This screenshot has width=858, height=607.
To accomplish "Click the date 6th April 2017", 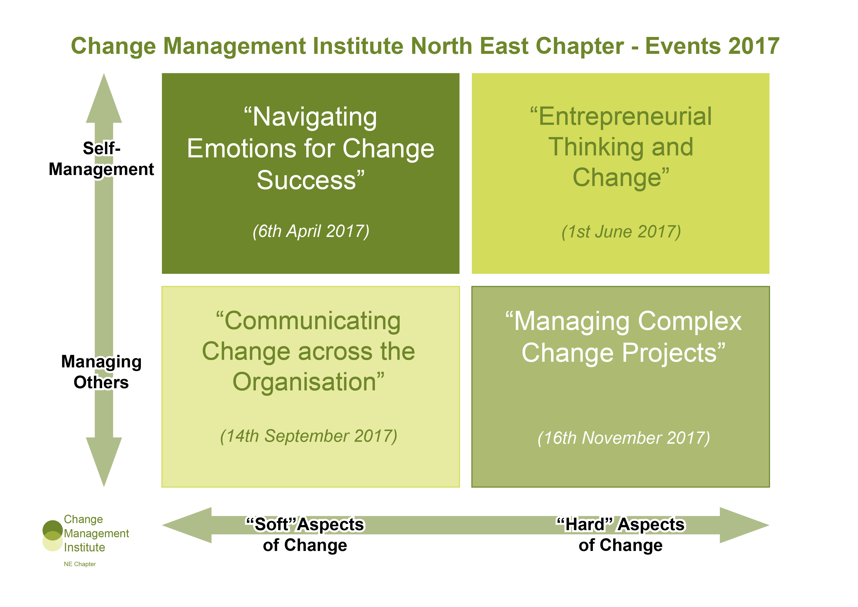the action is coord(311,231).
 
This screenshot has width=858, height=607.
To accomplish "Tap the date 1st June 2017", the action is coord(621,232).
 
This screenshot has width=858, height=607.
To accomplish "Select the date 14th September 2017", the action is coord(309,436).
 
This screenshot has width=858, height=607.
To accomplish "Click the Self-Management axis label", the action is coord(101,159).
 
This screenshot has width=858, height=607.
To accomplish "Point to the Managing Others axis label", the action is coord(101,372).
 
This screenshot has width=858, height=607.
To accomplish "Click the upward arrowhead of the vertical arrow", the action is coord(104,99).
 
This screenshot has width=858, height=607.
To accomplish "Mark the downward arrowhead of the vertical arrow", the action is coord(104,462).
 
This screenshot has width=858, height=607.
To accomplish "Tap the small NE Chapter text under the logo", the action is coord(79,564).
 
